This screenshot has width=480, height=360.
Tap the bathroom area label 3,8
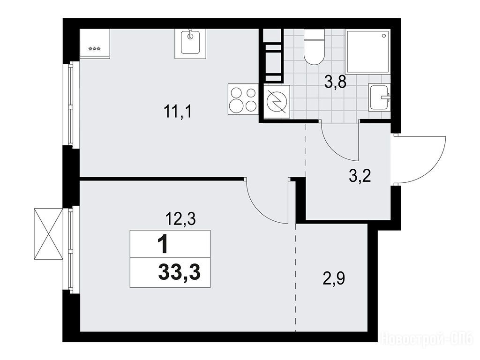click(x=336, y=82)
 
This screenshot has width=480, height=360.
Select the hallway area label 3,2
click(x=360, y=176)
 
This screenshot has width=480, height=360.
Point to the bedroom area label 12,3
click(x=180, y=219)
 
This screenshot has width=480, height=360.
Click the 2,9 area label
click(x=334, y=278)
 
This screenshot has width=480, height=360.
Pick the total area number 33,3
click(x=180, y=272)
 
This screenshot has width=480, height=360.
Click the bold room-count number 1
click(x=163, y=245)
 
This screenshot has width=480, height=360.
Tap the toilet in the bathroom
click(x=314, y=47)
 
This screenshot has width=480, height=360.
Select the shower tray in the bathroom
click(x=367, y=52)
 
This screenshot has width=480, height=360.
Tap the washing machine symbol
click(x=277, y=102)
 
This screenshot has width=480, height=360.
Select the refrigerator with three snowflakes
click(x=95, y=43)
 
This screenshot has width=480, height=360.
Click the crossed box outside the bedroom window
click(x=48, y=234)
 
